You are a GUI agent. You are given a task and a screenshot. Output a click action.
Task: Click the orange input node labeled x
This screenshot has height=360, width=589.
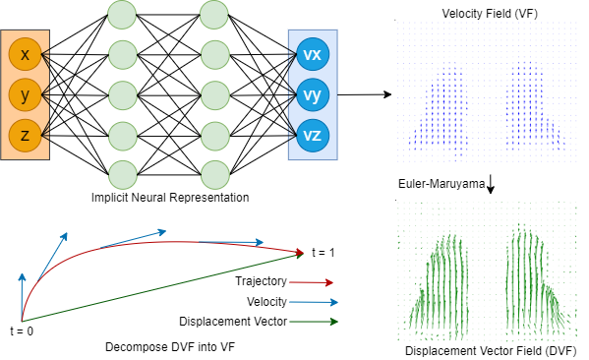point(25,55)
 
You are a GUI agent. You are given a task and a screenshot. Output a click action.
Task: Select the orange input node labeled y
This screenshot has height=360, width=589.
point(25,94)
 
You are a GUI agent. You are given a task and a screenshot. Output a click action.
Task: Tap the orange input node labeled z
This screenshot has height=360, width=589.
point(25,135)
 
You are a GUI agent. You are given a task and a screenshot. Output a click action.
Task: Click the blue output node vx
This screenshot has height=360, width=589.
point(312,55)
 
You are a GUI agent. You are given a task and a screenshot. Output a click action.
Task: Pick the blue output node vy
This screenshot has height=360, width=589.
point(312,94)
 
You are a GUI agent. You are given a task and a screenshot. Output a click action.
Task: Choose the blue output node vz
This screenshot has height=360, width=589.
point(312,135)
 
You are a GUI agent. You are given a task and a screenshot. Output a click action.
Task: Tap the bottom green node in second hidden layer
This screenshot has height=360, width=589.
point(213,171)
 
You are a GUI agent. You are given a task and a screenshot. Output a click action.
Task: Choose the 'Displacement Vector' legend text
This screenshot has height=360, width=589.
point(234,322)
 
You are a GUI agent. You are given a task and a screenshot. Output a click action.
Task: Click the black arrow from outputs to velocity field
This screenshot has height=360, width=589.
point(364,95)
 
